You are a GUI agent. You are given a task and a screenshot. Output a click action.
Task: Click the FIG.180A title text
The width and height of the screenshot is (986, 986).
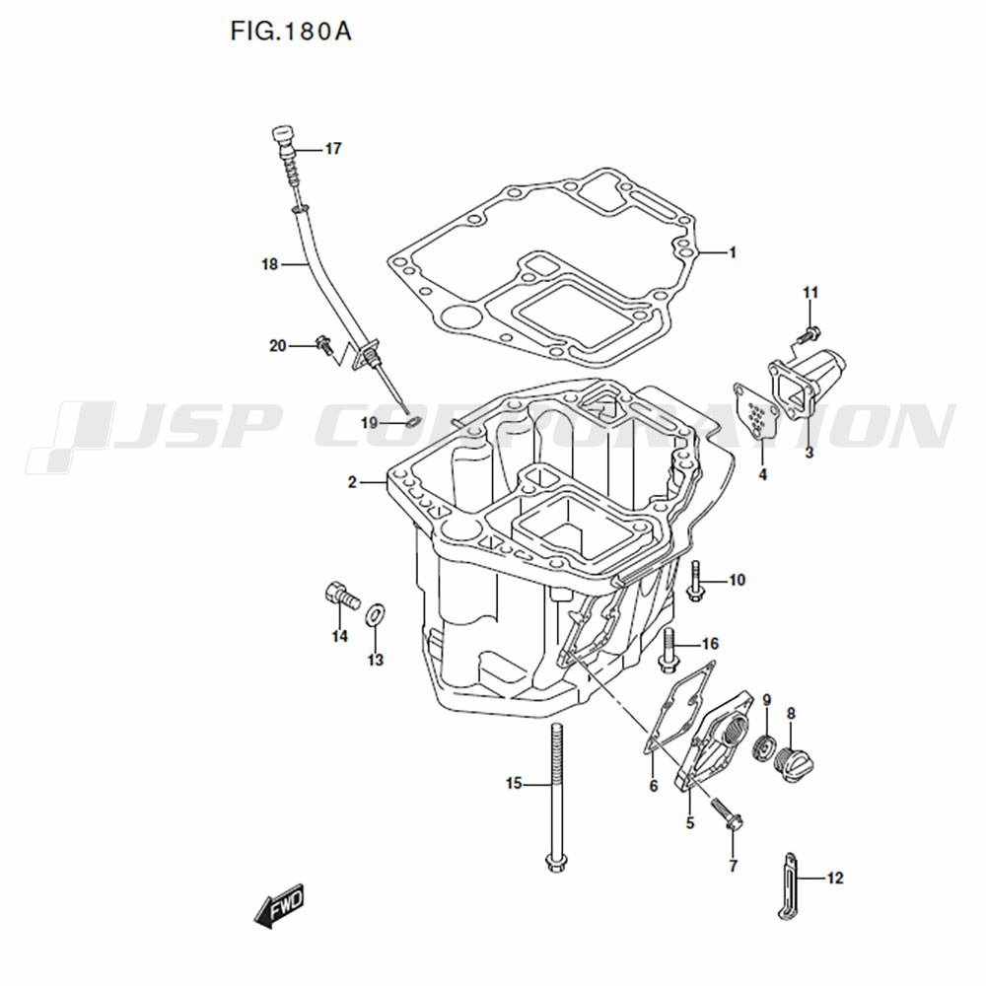tap(291, 32)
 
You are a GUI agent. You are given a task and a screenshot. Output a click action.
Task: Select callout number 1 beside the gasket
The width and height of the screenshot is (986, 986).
tap(732, 252)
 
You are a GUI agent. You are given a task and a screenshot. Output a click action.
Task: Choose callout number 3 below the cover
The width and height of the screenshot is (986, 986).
tap(810, 453)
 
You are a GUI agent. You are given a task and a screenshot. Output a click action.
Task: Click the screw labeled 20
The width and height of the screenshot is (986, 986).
tap(324, 344)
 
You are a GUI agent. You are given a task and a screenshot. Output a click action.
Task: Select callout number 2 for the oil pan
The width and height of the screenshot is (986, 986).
tap(352, 482)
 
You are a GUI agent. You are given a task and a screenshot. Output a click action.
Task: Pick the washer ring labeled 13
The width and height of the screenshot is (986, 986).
tap(376, 613)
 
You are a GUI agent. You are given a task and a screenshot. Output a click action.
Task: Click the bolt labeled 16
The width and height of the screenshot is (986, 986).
tap(668, 649)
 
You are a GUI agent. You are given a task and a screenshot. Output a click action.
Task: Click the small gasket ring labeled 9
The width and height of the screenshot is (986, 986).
tap(764, 748)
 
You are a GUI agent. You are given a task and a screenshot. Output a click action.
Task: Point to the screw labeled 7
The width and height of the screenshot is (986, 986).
tap(728, 813)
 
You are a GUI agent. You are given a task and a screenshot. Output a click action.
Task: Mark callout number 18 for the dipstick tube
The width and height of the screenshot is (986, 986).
tap(270, 264)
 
